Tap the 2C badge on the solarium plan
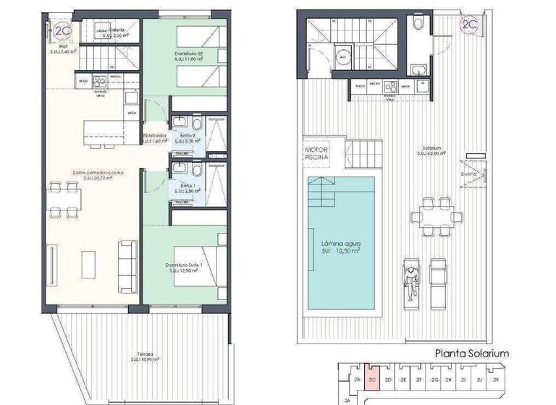click(x=469, y=25)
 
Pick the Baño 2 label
click(x=188, y=137)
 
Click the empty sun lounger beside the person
click(x=439, y=276)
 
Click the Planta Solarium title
click(x=471, y=354)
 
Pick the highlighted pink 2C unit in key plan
click(x=373, y=379)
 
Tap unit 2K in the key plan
click(x=497, y=379)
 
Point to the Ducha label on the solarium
click(x=468, y=174)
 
